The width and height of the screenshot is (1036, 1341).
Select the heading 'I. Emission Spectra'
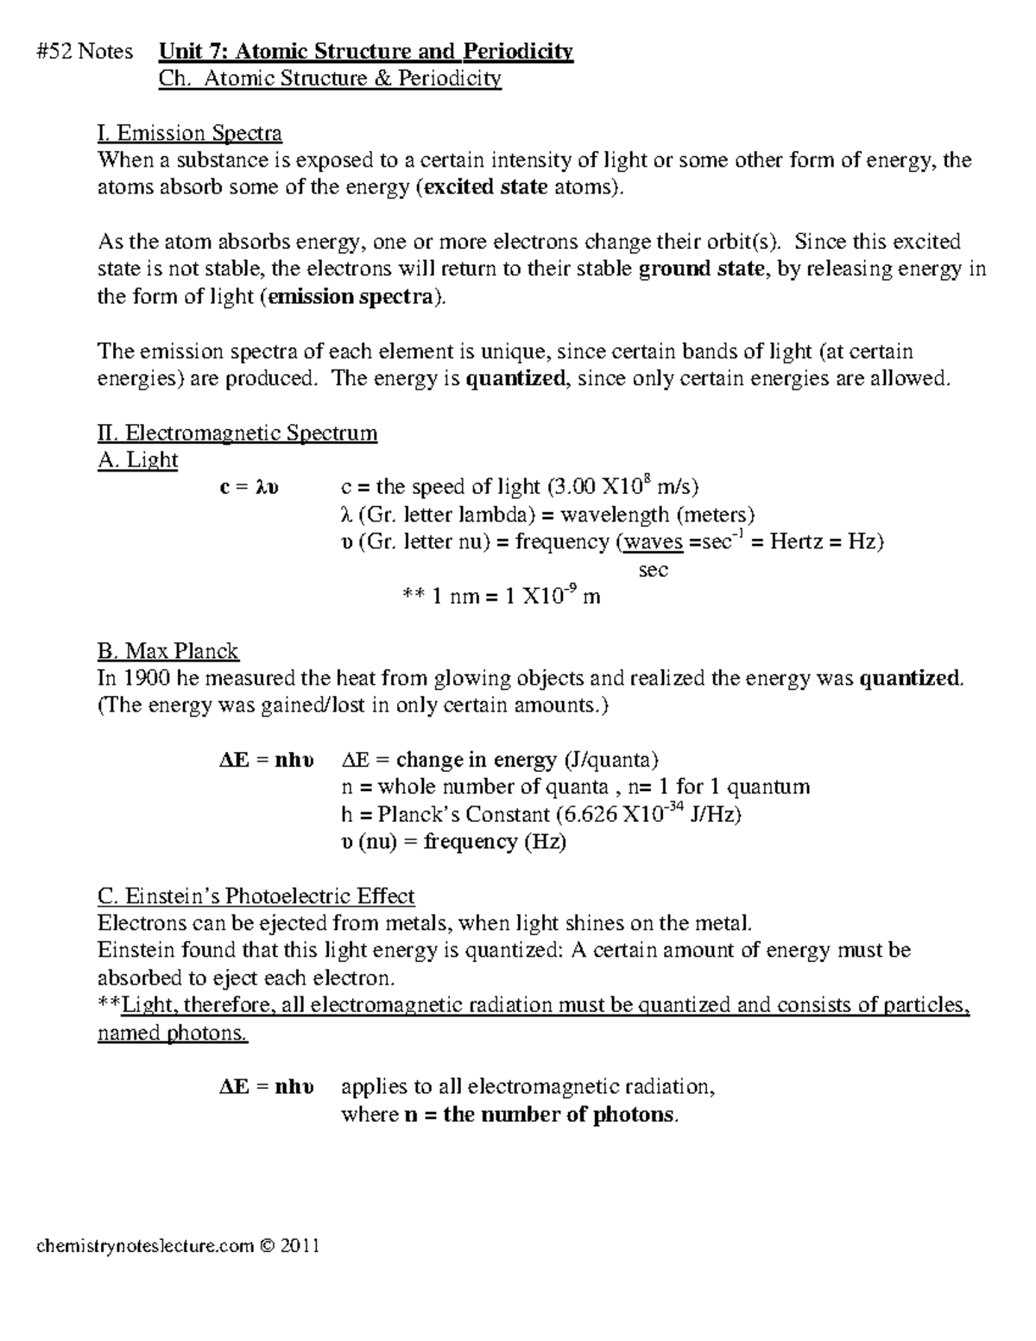tap(190, 133)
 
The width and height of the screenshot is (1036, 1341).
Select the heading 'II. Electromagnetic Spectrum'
tap(237, 433)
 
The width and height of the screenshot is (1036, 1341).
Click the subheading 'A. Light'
tap(138, 460)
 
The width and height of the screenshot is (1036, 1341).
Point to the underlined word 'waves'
tap(654, 542)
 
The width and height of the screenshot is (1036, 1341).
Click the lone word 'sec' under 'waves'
tap(654, 570)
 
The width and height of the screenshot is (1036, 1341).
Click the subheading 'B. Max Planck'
tap(168, 651)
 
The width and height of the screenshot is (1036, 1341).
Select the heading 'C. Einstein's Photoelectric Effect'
tap(256, 895)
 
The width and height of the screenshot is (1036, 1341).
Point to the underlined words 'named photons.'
tap(173, 1033)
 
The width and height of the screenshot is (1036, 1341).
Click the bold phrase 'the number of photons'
tap(559, 1115)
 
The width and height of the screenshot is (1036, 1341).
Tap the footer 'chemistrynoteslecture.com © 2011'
tap(178, 1246)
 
